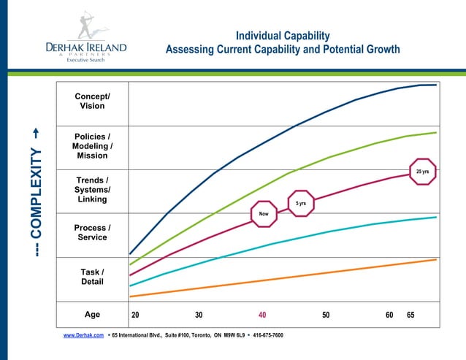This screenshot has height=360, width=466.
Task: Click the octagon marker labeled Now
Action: pyautogui.click(x=264, y=213)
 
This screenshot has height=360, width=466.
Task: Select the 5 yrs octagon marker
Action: pyautogui.click(x=301, y=203)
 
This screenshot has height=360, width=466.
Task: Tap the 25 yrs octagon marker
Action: pyautogui.click(x=422, y=172)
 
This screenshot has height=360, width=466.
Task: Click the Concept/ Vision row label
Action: pyautogui.click(x=92, y=101)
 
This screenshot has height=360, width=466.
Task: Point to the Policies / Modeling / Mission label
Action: pyautogui.click(x=92, y=146)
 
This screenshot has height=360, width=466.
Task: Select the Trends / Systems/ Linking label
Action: pyautogui.click(x=92, y=189)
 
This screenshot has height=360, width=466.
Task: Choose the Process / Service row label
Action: pyautogui.click(x=92, y=232)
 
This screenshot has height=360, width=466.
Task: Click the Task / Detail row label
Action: pyautogui.click(x=92, y=277)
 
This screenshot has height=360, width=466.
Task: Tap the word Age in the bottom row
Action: pyautogui.click(x=92, y=315)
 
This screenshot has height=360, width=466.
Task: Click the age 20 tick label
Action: pyautogui.click(x=135, y=315)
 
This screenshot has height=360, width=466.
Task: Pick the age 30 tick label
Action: pyautogui.click(x=199, y=315)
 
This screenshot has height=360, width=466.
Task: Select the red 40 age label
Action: pyautogui.click(x=262, y=315)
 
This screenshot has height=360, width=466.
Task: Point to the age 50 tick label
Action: pyautogui.click(x=326, y=315)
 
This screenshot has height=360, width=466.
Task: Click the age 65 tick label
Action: pyautogui.click(x=410, y=315)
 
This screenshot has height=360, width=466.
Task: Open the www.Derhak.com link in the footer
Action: pyautogui.click(x=83, y=334)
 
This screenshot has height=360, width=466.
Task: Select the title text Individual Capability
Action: pyautogui.click(x=283, y=36)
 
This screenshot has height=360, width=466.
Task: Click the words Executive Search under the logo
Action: pyautogui.click(x=86, y=60)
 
